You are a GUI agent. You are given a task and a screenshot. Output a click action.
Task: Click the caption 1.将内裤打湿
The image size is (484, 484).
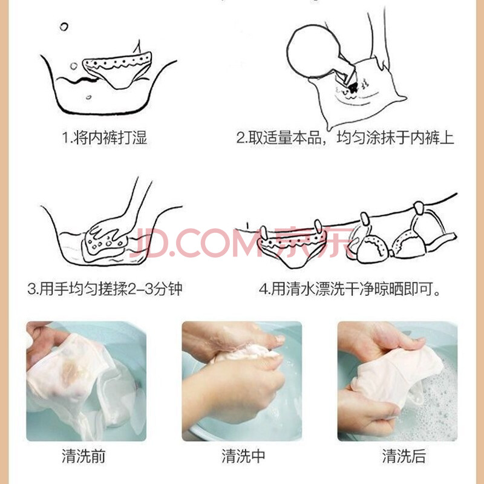coord(105,138)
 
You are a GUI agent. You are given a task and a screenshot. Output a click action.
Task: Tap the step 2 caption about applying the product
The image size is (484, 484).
coord(345,138)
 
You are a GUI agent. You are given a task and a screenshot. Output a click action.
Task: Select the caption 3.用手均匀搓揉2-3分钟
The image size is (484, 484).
coord(105,289)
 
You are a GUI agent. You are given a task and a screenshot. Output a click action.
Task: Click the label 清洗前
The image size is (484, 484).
coord(83,456)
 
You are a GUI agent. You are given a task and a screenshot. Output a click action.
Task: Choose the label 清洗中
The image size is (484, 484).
coord(243,456)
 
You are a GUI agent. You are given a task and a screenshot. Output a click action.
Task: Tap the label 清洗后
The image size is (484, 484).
coord(404,456)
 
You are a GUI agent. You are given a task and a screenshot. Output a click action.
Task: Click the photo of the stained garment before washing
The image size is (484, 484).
coord(86,381)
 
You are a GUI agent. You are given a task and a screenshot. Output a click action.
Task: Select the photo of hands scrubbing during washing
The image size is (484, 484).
coord(241,381)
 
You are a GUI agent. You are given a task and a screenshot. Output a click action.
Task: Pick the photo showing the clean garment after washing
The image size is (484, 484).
coord(397,381)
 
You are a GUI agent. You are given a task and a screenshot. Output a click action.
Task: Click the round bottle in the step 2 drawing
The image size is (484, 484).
coord(313,51)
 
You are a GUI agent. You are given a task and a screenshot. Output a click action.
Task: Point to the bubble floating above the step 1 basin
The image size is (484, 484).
coord(64,27)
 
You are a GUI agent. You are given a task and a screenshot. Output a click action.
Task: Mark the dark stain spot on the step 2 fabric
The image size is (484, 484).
coord(353,88)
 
